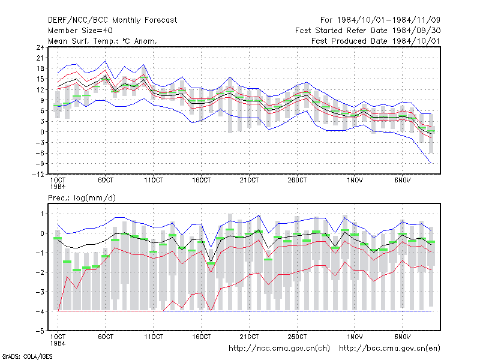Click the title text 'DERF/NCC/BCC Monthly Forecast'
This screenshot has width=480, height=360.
pyautogui.click(x=112, y=20)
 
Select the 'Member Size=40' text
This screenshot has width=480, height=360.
pyautogui.click(x=80, y=31)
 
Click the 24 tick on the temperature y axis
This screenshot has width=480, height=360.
pyautogui.click(x=40, y=47)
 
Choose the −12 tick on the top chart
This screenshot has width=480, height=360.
pyautogui.click(x=38, y=175)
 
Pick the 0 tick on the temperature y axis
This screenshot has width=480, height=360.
pyautogui.click(x=42, y=132)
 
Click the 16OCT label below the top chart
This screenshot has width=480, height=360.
pyautogui.click(x=201, y=180)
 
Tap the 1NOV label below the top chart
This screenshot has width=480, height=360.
pyautogui.click(x=355, y=180)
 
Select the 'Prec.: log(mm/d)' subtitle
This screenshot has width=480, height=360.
pyautogui.click(x=82, y=198)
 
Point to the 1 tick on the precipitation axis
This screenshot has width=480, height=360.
pyautogui.click(x=42, y=214)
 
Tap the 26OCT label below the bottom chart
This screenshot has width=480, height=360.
pyautogui.click(x=297, y=337)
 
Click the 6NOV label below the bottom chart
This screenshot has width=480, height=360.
pyautogui.click(x=402, y=337)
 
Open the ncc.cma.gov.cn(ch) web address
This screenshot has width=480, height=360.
pyautogui.click(x=279, y=349)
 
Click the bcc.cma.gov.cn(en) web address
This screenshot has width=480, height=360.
pyautogui.click(x=389, y=349)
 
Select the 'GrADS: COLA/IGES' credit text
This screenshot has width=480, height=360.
pyautogui.click(x=27, y=356)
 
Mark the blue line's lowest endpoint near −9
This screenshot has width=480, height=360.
pyautogui.click(x=431, y=163)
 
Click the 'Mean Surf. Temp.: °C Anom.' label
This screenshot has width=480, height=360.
pyautogui.click(x=103, y=41)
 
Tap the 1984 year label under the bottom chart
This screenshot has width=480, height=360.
pyautogui.click(x=58, y=343)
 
